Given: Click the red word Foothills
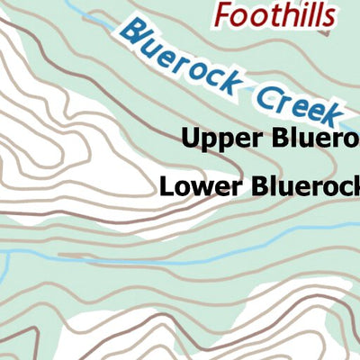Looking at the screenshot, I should point(275,14).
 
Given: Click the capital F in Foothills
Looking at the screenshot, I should point(224,14).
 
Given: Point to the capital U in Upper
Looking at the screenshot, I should point(190,139).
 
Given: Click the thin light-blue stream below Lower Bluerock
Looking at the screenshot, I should point(225,255).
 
